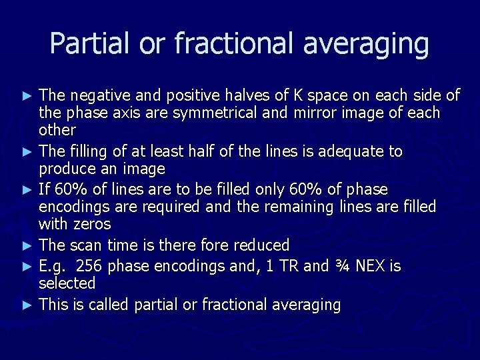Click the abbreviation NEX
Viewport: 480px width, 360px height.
click(x=377, y=267)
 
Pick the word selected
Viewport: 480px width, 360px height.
click(x=67, y=283)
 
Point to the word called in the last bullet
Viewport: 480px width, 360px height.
click(x=109, y=305)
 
